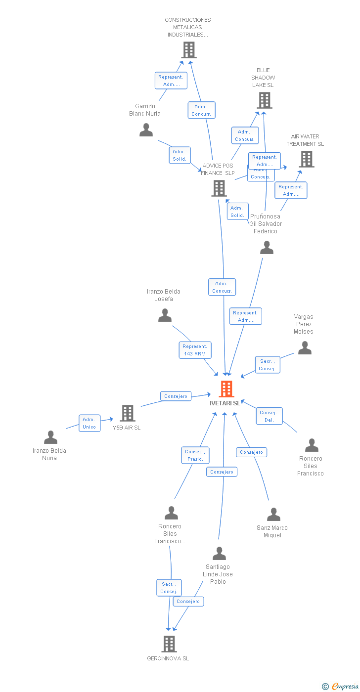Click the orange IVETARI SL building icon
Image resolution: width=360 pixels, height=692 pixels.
point(226,389)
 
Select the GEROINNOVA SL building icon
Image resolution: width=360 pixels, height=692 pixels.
point(169,644)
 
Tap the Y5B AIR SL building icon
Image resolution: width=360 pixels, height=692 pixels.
point(128,413)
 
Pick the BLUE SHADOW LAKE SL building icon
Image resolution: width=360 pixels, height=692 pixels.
point(265,100)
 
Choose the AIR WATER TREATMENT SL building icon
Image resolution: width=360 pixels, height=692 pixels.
point(307,159)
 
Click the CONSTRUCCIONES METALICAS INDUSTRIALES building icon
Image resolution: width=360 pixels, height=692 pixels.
point(188,50)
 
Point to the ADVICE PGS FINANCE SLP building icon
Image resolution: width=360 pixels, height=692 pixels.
point(219,188)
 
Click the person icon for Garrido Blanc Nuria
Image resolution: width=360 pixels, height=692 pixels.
point(146,130)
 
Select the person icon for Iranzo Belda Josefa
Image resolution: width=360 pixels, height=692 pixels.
point(165,315)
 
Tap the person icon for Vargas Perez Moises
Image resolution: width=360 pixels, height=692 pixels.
point(305,348)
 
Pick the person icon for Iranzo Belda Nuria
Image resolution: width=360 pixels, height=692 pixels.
point(50,437)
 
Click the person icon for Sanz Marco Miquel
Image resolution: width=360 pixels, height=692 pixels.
point(273,515)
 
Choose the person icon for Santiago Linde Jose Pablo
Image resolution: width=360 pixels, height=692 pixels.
point(219,554)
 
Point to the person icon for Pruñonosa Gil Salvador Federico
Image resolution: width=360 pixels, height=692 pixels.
point(267,248)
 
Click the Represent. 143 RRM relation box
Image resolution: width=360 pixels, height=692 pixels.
point(195,350)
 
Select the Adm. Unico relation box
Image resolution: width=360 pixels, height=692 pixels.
point(90,423)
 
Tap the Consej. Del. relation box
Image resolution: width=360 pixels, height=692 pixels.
point(269,416)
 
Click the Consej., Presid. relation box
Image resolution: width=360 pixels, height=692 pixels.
point(195,455)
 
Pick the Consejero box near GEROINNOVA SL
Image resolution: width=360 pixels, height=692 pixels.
point(188,602)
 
